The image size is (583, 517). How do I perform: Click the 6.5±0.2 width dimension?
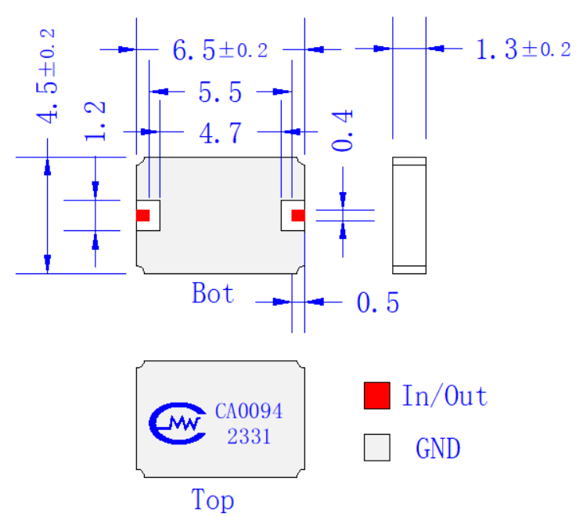point(220,50)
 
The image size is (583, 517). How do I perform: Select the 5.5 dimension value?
point(220,92)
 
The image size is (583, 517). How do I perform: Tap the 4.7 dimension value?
point(221,133)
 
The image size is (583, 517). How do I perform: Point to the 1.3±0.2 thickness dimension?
point(524,49)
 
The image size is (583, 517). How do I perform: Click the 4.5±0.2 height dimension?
point(47,76)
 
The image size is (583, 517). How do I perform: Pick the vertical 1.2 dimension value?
point(95,121)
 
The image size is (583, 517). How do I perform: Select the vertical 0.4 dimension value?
point(342,130)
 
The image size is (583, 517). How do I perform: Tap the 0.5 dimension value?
point(378,302)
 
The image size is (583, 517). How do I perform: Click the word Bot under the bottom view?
point(213,293)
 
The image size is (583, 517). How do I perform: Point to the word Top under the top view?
point(213,499)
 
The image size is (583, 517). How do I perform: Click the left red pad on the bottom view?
point(142,215)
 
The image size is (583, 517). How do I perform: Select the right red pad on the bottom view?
point(298,215)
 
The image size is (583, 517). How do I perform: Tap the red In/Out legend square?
point(377,396)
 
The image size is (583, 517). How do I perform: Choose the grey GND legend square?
point(377,447)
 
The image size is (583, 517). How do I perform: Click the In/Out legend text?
point(444,396)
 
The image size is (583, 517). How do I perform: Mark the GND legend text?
point(438,448)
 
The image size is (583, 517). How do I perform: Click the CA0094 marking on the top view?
point(249,411)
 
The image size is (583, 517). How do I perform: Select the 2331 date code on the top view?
point(249,436)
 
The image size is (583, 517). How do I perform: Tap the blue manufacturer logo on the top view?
point(178,423)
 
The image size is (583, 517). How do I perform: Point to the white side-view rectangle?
point(409,215)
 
